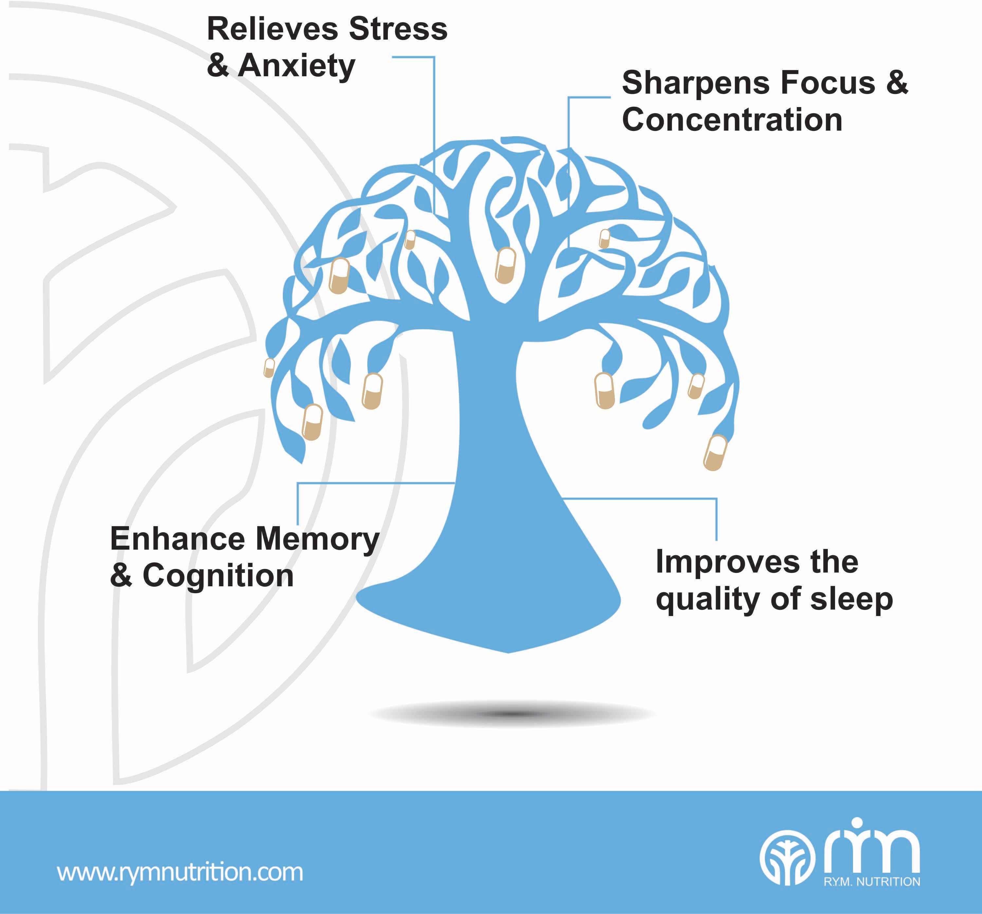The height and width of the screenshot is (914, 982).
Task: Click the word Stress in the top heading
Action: click(x=398, y=29)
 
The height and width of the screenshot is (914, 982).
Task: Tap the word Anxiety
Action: click(x=296, y=66)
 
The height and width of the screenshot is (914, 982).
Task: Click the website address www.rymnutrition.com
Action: click(x=180, y=872)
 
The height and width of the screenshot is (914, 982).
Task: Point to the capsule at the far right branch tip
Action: click(x=715, y=452)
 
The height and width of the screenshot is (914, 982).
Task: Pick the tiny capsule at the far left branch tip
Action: click(x=269, y=368)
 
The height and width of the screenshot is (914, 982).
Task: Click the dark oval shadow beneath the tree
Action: click(x=511, y=713)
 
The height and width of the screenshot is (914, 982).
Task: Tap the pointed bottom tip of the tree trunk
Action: click(x=509, y=651)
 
